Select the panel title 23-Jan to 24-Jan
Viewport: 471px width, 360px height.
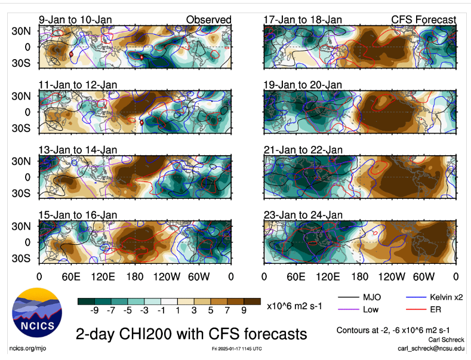(303, 215)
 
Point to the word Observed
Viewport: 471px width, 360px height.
(208, 20)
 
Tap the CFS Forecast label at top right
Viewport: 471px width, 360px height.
(423, 20)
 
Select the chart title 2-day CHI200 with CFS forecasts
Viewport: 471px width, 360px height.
(191, 333)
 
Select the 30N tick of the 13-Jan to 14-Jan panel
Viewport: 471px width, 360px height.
(25, 161)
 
